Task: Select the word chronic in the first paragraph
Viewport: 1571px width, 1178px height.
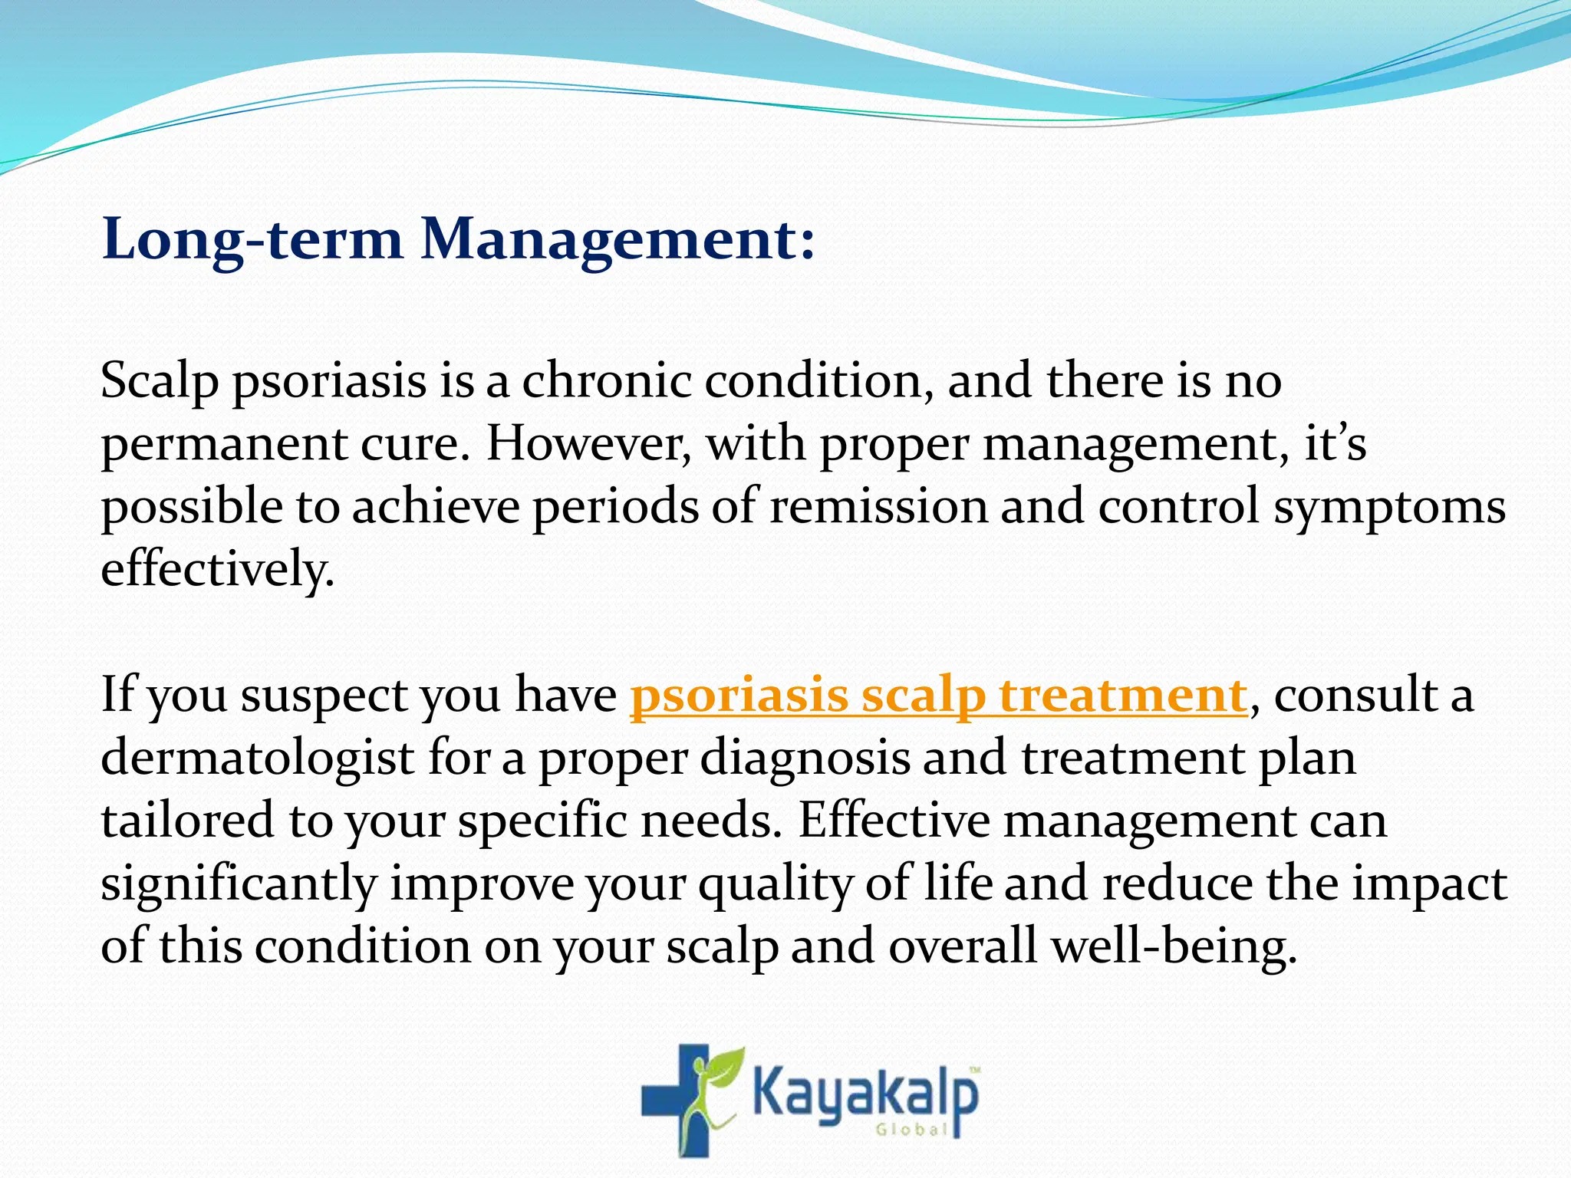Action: coord(606,380)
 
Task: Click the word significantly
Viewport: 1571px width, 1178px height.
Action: coord(239,883)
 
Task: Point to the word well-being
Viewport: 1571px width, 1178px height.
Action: coord(1173,946)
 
